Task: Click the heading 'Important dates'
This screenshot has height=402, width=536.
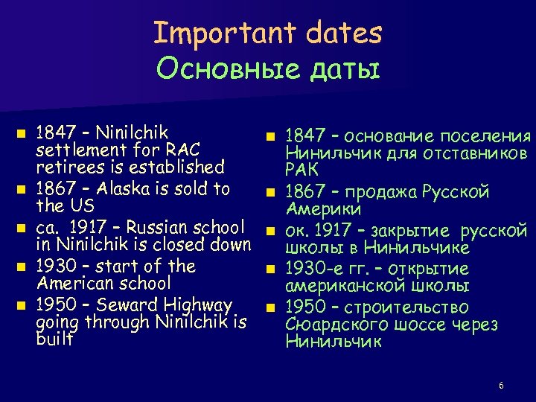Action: (x=267, y=33)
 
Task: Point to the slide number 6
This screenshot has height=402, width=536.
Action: (x=501, y=386)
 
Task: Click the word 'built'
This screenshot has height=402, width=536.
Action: (x=54, y=340)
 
